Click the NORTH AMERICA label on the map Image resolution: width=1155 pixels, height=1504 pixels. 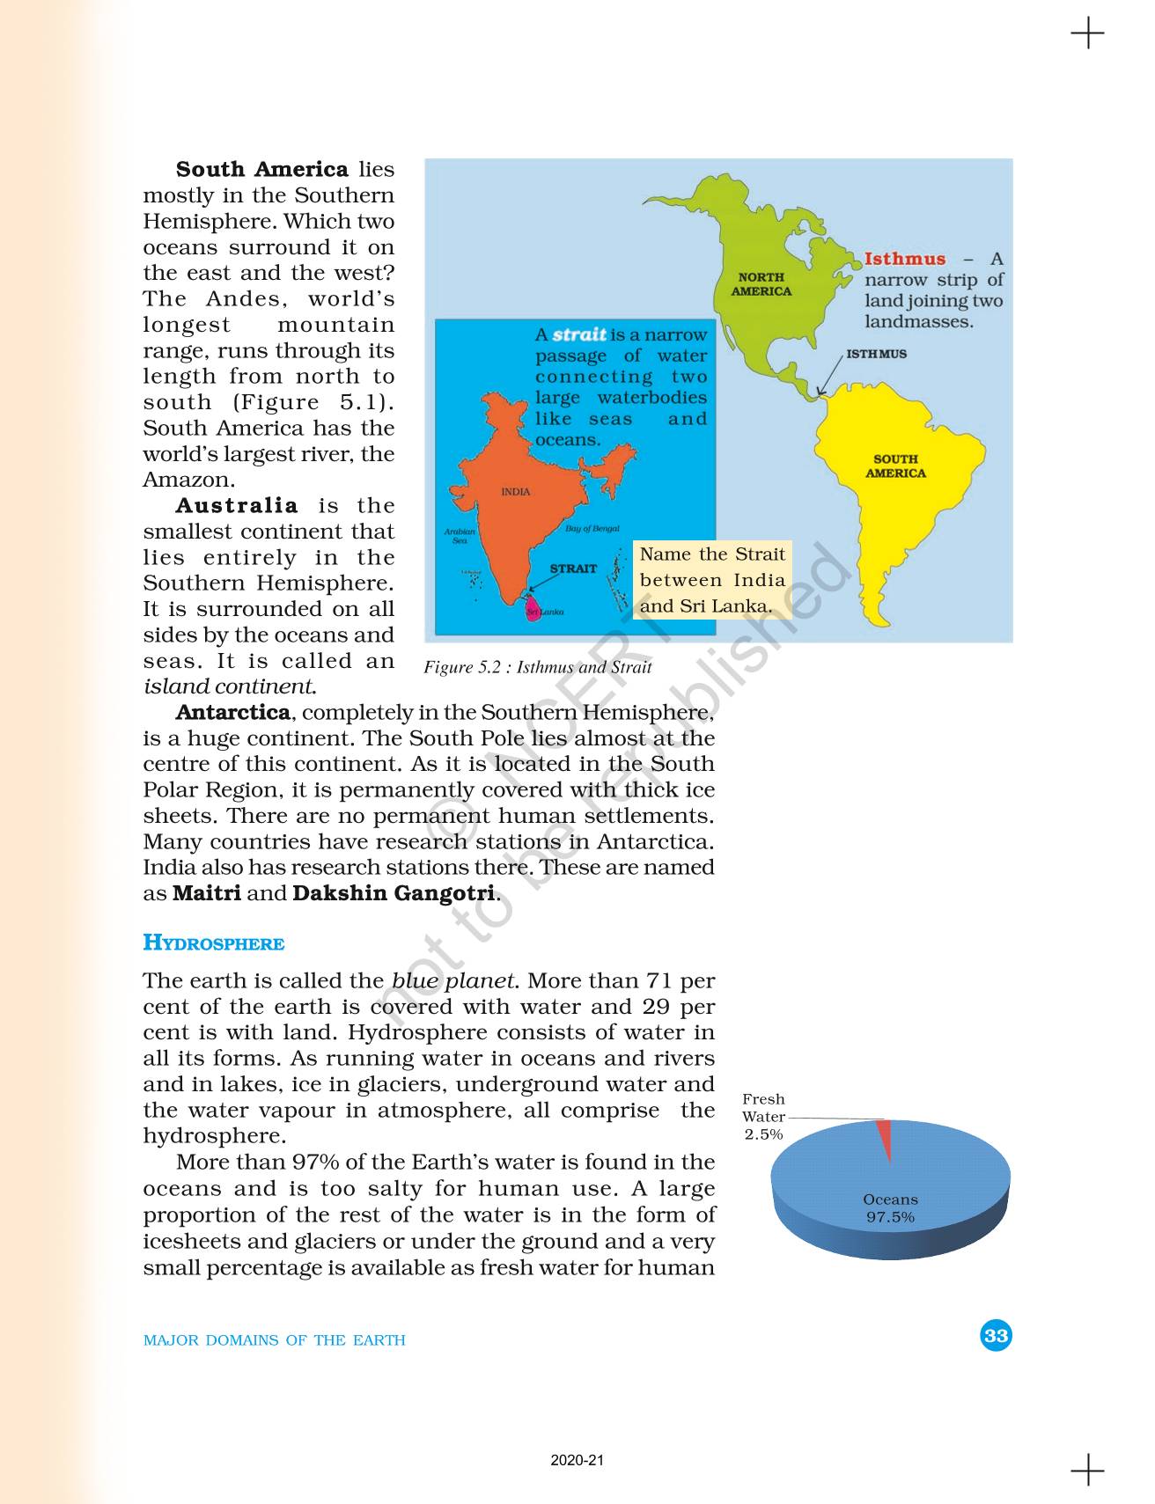[761, 284]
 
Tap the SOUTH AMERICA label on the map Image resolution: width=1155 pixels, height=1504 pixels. [895, 466]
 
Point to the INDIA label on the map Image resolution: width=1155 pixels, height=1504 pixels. [516, 492]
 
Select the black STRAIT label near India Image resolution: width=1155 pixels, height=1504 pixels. [573, 569]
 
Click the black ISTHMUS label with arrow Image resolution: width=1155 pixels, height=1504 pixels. [876, 354]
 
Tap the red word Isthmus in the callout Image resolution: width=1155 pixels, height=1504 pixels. [905, 259]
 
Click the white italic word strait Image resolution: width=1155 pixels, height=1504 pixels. [579, 334]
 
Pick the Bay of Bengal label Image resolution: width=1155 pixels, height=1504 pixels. [592, 529]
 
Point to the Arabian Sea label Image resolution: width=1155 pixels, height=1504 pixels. [460, 535]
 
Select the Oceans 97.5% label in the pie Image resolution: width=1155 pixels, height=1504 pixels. [890, 1208]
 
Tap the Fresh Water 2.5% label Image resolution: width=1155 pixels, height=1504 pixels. [763, 1116]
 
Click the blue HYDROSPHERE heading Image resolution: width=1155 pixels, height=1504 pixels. [213, 943]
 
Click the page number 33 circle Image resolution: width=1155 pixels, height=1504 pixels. [996, 1336]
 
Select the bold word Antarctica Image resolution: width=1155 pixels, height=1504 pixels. [233, 712]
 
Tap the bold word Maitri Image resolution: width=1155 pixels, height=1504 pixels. [207, 893]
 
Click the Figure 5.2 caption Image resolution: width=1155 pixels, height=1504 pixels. [537, 667]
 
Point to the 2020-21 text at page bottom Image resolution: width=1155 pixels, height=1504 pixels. [577, 1460]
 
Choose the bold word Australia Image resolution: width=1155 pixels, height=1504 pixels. [237, 506]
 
